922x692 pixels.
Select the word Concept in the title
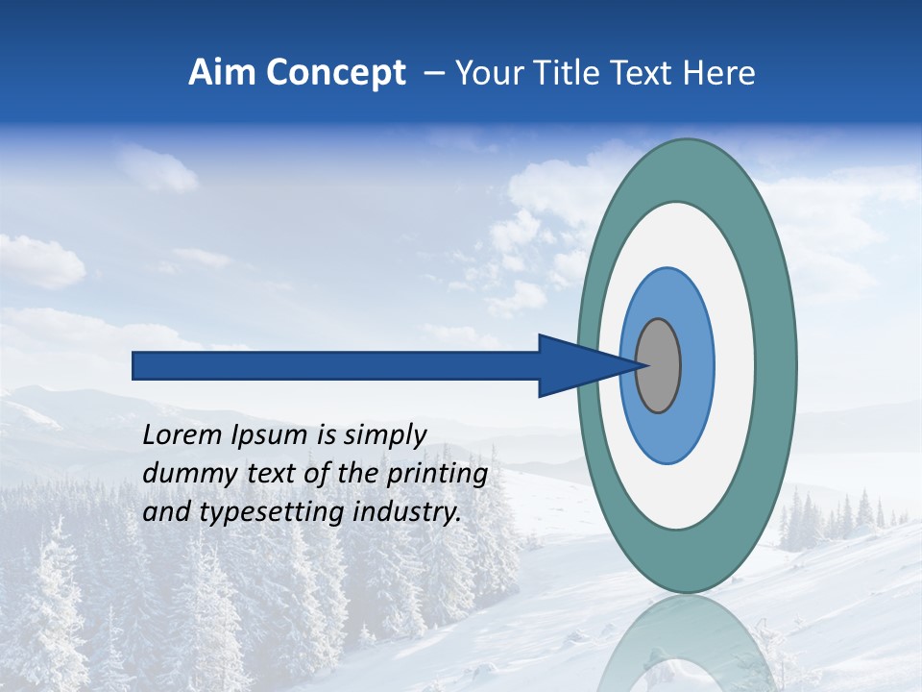(335, 74)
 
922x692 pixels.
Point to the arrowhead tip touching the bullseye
(641, 365)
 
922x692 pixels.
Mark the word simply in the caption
(384, 436)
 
